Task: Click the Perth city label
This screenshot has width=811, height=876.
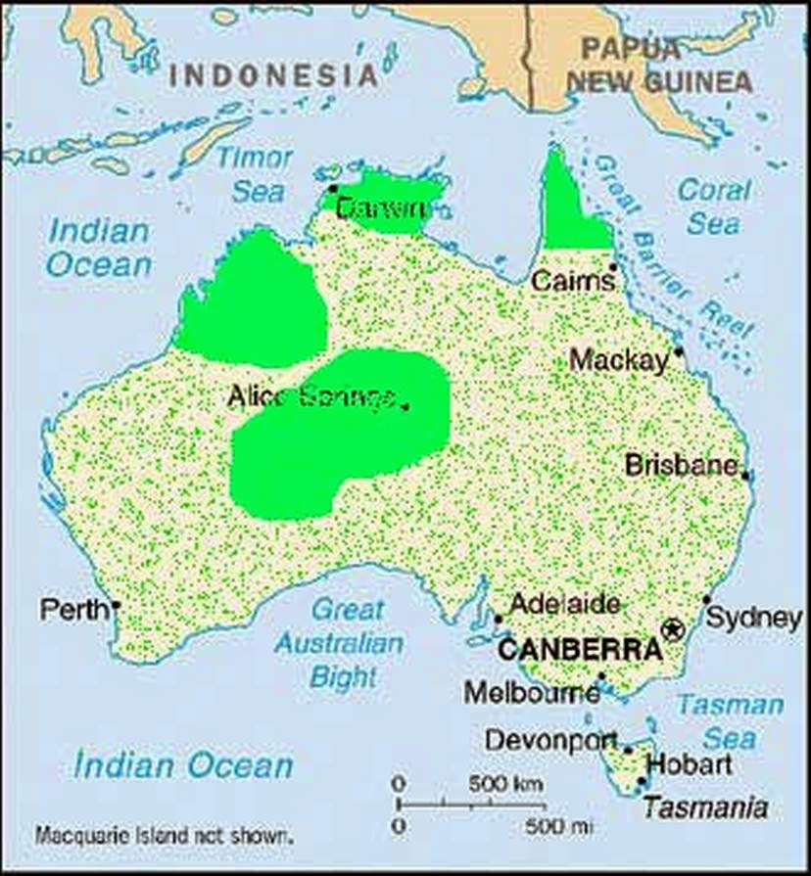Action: (x=73, y=610)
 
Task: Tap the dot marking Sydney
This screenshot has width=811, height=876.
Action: (x=706, y=600)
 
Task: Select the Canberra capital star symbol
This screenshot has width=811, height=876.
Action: (x=672, y=629)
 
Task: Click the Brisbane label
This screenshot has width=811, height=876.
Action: (x=681, y=464)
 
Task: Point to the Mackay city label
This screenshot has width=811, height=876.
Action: (x=618, y=360)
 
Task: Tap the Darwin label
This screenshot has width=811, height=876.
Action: (x=381, y=208)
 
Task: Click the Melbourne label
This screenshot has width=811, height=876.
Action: (x=531, y=693)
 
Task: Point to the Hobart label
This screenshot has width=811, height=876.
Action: (x=690, y=763)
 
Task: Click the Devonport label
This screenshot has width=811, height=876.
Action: (x=550, y=740)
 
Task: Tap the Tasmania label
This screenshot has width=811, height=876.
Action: (x=704, y=807)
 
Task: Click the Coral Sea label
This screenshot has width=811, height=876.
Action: (x=714, y=206)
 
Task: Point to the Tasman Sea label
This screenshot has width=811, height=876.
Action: (x=731, y=721)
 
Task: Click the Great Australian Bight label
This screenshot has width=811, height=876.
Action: (x=339, y=643)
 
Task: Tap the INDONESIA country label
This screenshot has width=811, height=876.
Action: (x=273, y=75)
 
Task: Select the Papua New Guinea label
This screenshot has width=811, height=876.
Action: (x=659, y=65)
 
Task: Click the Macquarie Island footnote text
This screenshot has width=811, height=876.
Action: (x=163, y=836)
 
